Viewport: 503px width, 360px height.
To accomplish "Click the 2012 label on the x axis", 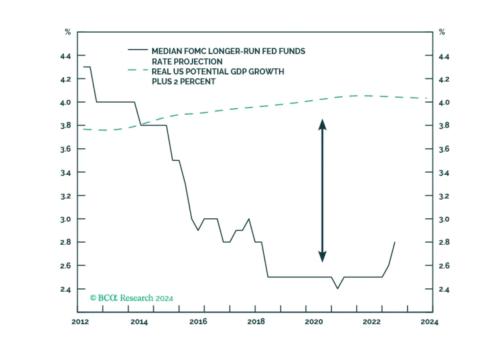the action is point(80,322).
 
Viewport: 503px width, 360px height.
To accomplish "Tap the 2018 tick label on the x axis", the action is point(256,322).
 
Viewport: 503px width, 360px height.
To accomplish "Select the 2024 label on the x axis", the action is point(429,322).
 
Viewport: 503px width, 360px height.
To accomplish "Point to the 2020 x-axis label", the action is point(314,322).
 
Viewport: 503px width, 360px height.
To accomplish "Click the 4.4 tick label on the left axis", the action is point(65,56).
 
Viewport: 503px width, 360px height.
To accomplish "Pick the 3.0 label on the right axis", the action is point(444,219).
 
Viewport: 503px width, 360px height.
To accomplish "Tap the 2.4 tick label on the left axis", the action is point(65,290).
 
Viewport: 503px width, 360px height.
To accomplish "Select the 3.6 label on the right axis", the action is point(444,149).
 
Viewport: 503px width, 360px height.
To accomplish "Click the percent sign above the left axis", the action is point(68,32).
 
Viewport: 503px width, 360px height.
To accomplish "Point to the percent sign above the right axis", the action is point(442,32).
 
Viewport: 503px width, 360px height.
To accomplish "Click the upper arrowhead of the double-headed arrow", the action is point(322,124).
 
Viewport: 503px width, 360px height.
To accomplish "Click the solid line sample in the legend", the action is point(138,49).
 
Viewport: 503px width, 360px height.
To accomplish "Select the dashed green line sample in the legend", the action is point(138,70).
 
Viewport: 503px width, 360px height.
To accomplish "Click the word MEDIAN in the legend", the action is point(167,51).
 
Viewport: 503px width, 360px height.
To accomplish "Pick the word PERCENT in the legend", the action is point(197,82).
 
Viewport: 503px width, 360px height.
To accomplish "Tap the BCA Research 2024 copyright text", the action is point(132,298).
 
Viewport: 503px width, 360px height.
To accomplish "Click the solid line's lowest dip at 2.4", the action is point(337,288).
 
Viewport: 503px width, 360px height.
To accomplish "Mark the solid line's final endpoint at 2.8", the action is point(395,242).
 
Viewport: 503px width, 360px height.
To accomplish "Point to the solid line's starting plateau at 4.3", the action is point(87,67).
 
